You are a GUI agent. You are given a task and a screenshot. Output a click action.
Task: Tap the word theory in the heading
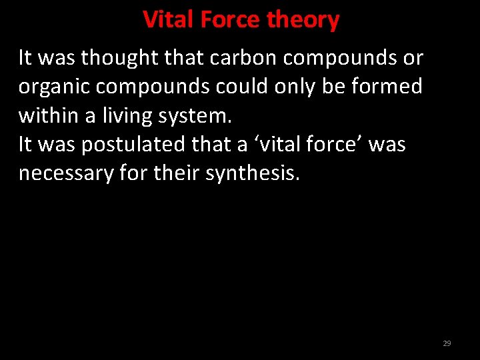click(303, 21)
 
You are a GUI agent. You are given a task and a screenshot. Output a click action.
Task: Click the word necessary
click(65, 174)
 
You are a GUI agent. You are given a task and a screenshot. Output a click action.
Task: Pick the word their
click(177, 173)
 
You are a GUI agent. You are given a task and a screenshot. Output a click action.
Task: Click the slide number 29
click(447, 343)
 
